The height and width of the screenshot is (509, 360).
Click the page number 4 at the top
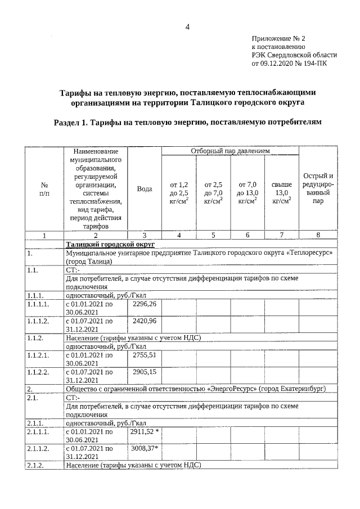(x=187, y=27)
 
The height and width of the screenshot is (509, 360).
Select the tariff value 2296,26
(x=144, y=303)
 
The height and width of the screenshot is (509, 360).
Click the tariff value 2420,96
(x=144, y=321)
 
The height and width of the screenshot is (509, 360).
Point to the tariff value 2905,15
(x=144, y=372)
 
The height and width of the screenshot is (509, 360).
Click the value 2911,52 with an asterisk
(x=145, y=432)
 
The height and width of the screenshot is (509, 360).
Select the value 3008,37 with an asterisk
(x=145, y=449)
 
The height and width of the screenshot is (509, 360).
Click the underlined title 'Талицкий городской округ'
(x=110, y=244)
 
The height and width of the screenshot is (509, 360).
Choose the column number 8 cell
(x=318, y=235)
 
